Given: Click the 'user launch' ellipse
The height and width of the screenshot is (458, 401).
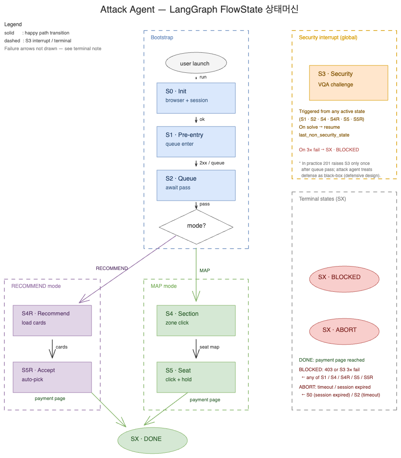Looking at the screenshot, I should click(196, 63).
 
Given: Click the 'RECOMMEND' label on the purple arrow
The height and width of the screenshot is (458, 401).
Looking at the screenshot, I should click(112, 269).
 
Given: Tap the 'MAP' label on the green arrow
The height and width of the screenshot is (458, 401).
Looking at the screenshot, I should click(204, 270).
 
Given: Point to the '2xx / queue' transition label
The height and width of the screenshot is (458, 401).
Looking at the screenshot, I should click(212, 163).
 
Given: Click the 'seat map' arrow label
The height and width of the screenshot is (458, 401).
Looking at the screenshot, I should click(209, 347).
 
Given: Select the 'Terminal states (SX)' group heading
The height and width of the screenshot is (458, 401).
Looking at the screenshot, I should click(322, 199).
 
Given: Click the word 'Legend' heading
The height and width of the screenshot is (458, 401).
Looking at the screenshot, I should click(13, 24).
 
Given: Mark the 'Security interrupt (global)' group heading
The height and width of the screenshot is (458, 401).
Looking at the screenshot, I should click(328, 38).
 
